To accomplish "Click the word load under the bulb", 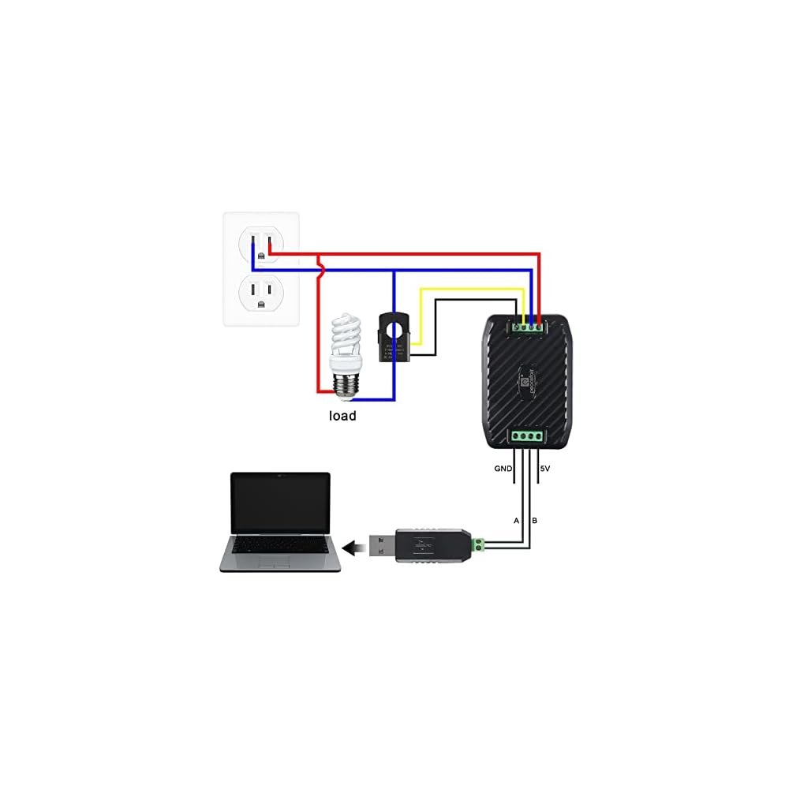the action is [342, 415].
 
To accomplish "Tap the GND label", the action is [503, 469].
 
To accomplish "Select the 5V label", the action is [544, 469].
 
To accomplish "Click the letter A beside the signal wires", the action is [516, 521].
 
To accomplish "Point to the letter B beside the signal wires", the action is [535, 521].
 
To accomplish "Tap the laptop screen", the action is [279, 503].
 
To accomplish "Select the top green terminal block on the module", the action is [527, 324].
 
